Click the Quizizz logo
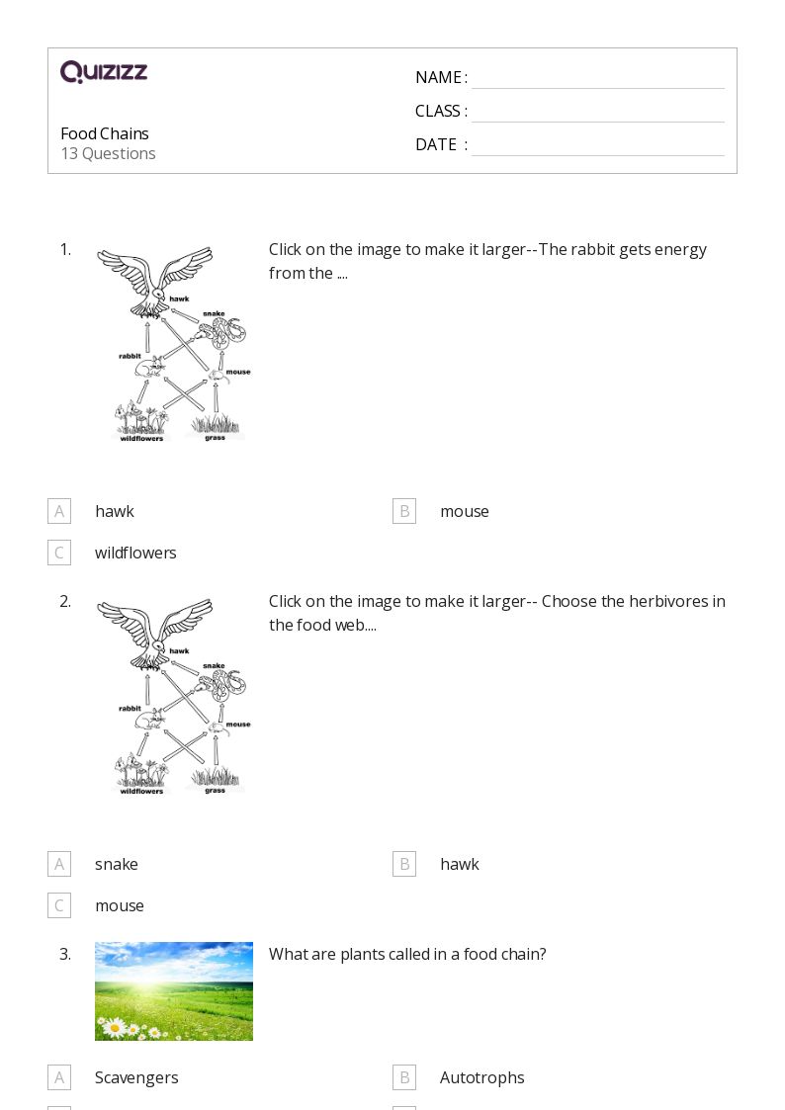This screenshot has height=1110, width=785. coord(104,71)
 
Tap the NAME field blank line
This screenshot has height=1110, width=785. coord(598,88)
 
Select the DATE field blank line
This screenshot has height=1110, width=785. coord(598,155)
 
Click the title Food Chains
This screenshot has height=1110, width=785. coord(105,133)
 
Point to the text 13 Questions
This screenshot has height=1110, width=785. coord(109,153)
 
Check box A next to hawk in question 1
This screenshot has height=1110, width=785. coord(59,511)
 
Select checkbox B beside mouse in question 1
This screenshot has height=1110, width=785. coord(404,511)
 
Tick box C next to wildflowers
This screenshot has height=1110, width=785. coord(59,553)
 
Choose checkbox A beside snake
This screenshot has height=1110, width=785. coord(59,864)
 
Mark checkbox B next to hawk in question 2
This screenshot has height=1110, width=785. coord(404,864)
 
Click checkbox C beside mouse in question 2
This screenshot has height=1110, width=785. coord(59,905)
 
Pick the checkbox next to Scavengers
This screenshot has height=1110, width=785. coord(59,1077)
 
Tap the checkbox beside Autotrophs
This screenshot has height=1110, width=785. coord(404,1077)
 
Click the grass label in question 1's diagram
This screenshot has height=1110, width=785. coord(216,438)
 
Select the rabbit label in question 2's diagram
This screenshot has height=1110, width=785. coord(131,708)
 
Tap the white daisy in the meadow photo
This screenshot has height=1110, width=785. coord(114,1027)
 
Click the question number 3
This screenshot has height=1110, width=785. coord(65,954)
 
